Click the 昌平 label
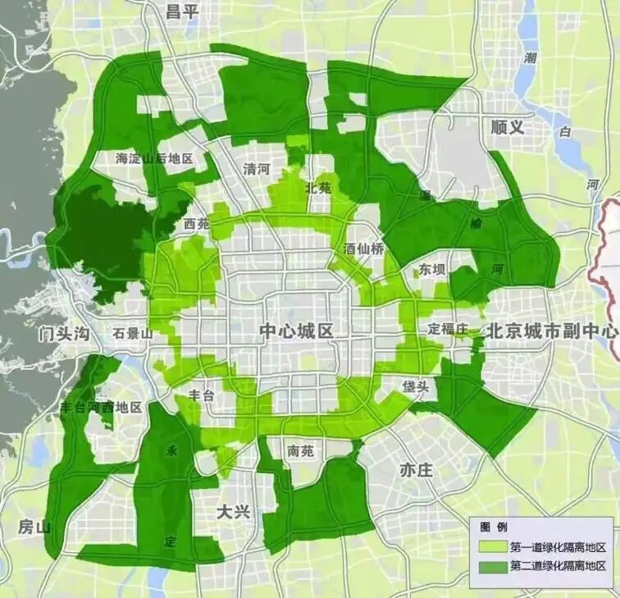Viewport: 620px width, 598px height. (184, 11)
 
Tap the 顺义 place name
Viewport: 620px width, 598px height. (507, 127)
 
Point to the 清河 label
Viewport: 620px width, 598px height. (256, 169)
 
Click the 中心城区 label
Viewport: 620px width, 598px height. (296, 331)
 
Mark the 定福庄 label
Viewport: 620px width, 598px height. (447, 328)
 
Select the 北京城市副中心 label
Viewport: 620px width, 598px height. (552, 331)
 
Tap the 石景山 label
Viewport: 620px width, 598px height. (134, 334)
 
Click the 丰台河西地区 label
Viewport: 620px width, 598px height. (101, 407)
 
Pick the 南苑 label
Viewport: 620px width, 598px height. (301, 450)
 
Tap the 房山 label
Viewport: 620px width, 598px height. (35, 527)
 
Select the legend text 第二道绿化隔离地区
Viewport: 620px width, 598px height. (558, 566)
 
